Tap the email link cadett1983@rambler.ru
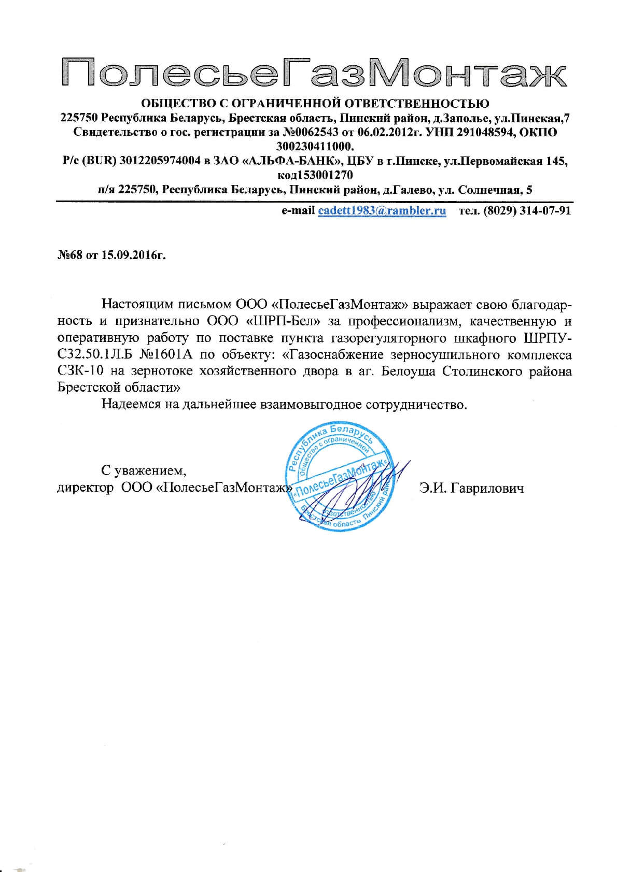[x=382, y=210]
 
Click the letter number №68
[x=69, y=256]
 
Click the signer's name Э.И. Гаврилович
[x=471, y=488]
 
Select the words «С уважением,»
[x=144, y=470]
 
